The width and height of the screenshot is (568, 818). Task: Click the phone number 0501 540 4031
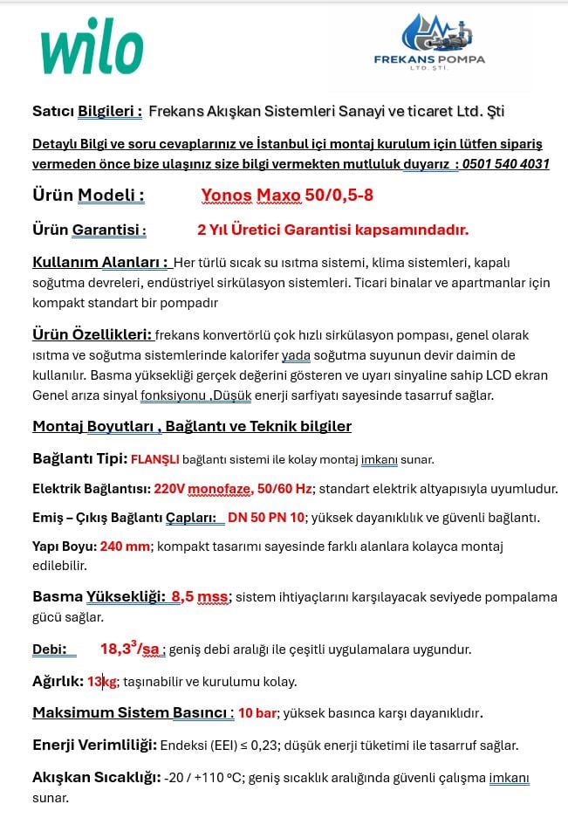[505, 163]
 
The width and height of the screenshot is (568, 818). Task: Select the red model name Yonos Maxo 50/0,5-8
[287, 195]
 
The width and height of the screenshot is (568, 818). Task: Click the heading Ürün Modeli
[88, 195]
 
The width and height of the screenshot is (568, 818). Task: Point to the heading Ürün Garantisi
[89, 230]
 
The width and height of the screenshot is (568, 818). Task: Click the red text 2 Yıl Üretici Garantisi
[332, 230]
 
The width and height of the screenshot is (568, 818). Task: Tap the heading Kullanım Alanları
[99, 262]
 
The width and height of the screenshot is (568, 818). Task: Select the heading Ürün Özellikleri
[92, 334]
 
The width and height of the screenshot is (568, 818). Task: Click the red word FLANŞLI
[154, 459]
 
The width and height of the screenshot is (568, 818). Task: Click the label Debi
[50, 649]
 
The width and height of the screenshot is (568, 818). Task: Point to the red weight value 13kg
[101, 681]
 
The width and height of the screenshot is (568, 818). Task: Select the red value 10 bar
[258, 712]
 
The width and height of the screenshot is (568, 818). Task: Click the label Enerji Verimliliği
[94, 745]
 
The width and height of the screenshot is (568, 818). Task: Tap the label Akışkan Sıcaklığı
[96, 777]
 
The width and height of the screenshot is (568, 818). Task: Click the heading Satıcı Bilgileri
[87, 111]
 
